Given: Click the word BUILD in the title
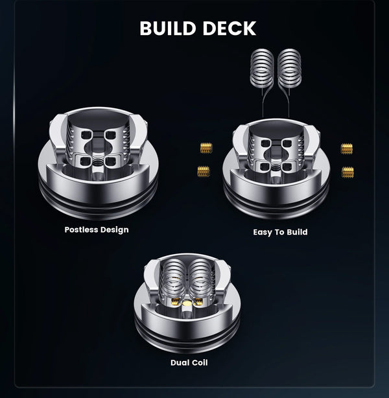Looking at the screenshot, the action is coord(168,28).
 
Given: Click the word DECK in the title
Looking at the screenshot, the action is coord(230,28).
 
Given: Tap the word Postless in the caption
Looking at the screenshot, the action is coord(81,229).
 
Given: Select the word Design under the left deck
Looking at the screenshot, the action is coord(115,230).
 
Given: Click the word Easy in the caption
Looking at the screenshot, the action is coord(263,232).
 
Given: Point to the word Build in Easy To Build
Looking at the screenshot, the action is coord(297,232).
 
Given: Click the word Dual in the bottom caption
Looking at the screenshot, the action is coord(180,362).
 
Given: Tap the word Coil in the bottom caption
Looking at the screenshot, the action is coord(199,362).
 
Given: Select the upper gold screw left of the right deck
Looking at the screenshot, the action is coord(206,148).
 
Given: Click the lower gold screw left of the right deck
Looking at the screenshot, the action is coord(204,171).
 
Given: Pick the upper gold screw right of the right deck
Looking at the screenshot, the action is coord(347,148).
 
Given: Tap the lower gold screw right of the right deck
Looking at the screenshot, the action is coord(348,172).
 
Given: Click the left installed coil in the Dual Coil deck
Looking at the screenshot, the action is coord(174,278).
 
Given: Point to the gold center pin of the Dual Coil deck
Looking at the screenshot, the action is coord(187,303).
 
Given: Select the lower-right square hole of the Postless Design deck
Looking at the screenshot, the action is coord(110,161).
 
